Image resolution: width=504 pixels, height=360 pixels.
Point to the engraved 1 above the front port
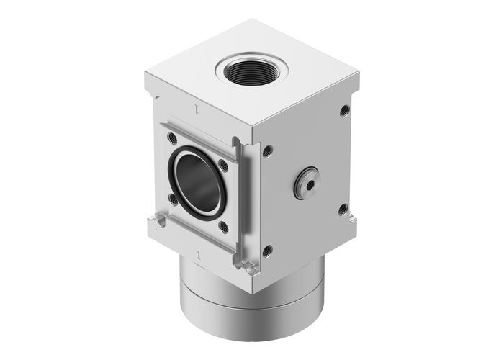[194, 109]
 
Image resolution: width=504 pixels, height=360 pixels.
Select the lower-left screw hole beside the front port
[171, 197]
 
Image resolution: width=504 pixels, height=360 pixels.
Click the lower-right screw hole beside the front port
[225, 227]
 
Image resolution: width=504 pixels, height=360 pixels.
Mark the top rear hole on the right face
[344, 110]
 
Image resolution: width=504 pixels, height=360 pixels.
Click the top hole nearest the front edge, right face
[268, 151]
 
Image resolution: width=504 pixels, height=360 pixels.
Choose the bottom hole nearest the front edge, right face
[268, 251]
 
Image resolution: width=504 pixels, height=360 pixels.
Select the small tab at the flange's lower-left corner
[155, 220]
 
